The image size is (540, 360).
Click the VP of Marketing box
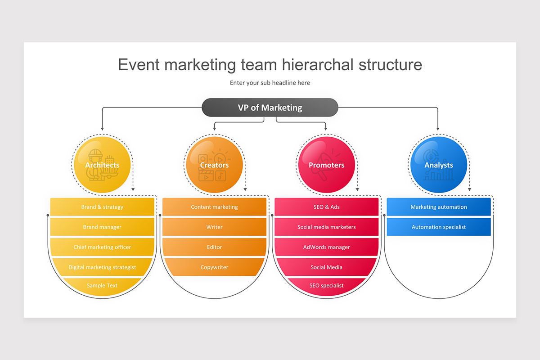click(x=270, y=108)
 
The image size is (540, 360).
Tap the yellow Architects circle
click(x=102, y=165)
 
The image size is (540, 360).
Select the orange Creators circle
click(x=214, y=165)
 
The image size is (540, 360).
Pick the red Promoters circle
click(x=326, y=165)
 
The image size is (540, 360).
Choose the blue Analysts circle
click(x=439, y=165)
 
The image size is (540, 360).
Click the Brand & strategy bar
click(x=102, y=207)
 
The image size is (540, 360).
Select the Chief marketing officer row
click(x=102, y=247)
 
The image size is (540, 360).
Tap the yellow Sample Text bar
click(x=102, y=286)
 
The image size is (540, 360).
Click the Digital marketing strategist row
click(x=102, y=267)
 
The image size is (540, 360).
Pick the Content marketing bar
click(x=214, y=207)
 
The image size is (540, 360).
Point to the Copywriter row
click(x=214, y=267)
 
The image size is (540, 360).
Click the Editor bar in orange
click(x=214, y=247)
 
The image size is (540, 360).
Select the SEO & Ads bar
click(x=326, y=207)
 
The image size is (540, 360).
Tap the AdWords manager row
click(x=326, y=247)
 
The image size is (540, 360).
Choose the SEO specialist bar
click(x=326, y=286)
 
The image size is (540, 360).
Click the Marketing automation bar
click(x=439, y=207)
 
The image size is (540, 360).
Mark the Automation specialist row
click(x=439, y=227)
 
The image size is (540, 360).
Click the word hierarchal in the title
click(x=318, y=65)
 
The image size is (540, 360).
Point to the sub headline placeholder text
click(x=270, y=83)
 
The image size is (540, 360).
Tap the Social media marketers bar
click(x=326, y=227)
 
